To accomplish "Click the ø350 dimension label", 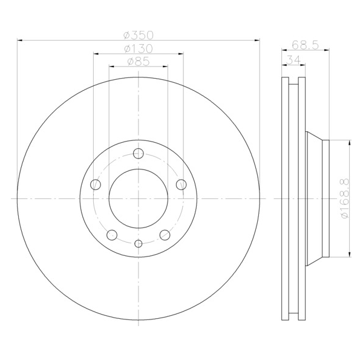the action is pos(139,35).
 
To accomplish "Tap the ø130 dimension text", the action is pos(139,48).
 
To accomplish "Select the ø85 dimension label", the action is pos(139,62).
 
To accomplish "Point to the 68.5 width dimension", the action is pos(305,45).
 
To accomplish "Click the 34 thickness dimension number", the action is pos(293,60).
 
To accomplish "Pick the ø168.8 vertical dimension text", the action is pos(344,198).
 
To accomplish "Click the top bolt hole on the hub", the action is pos(139,154).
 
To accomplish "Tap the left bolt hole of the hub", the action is pos(96,185).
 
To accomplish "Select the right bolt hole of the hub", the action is pos(181,185).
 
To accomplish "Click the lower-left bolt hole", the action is pos(112,235).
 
